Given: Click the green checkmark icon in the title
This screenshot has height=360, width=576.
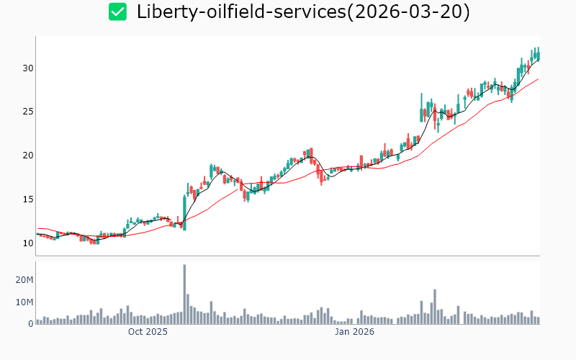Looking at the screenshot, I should (117, 12).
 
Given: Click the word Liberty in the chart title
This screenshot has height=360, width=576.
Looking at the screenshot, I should (164, 12).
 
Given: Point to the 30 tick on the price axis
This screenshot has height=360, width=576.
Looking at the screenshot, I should (27, 68).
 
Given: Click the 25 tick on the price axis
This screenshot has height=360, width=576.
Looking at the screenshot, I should (27, 112).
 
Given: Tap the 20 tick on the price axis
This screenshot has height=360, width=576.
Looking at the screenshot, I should (27, 156).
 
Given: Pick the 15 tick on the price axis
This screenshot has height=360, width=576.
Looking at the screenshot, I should (27, 199).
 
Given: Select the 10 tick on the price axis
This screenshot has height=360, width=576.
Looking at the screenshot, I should (27, 243).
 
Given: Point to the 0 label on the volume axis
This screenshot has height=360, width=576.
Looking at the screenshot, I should (31, 323).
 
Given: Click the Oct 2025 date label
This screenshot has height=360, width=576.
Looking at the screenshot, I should (148, 332).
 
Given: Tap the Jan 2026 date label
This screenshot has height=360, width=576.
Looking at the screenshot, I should (354, 332).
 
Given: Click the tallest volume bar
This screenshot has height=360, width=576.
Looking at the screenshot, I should (184, 294).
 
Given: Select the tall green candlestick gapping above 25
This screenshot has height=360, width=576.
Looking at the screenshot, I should (421, 108).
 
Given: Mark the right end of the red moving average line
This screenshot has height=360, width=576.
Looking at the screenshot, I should (538, 79).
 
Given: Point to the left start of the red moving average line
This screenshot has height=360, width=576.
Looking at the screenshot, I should (37, 228).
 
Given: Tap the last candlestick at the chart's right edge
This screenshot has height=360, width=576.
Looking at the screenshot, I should (538, 54).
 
